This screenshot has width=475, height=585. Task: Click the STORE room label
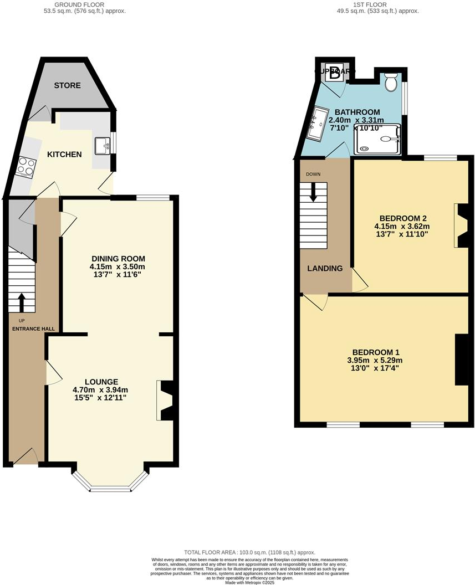pyautogui.click(x=67, y=85)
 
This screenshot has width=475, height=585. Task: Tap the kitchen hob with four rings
pyautogui.click(x=26, y=167)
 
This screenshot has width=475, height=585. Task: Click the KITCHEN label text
pyautogui.click(x=64, y=154)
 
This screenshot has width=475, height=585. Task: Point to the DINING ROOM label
pyautogui.click(x=118, y=258)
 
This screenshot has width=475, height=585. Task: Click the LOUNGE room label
pyautogui.click(x=101, y=381)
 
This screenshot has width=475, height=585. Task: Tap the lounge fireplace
pyautogui.click(x=166, y=400)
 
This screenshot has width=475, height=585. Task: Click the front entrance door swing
pyautogui.click(x=25, y=456)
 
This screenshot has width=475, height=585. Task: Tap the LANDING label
pyautogui.click(x=325, y=268)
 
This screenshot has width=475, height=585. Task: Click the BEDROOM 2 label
pyautogui.click(x=403, y=217)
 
